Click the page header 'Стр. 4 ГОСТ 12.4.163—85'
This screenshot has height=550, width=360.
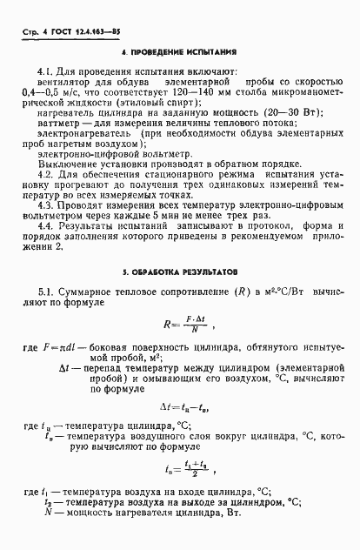click(x=58, y=36)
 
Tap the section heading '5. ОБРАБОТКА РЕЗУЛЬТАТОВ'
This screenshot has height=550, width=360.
click(x=180, y=273)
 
